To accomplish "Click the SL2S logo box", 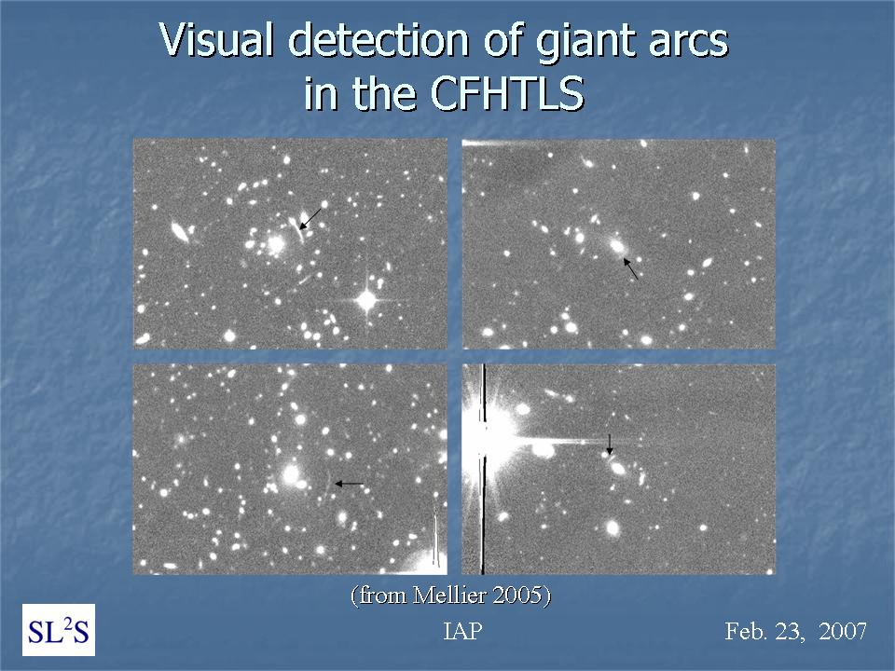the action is coord(59,630).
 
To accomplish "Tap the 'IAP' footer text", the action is coord(462,631).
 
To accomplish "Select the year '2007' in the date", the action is coord(843,631).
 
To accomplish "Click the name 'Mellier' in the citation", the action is coord(449,596).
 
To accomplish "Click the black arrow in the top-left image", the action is coord(310,218).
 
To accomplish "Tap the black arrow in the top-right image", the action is coord(631,268).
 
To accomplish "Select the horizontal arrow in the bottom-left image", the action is coord(349,484).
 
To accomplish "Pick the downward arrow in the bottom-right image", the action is coord(609,444).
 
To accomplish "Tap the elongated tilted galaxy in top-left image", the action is coord(180,232).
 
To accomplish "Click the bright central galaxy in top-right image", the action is coord(617,246).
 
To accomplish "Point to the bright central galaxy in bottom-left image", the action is coord(291,473).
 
